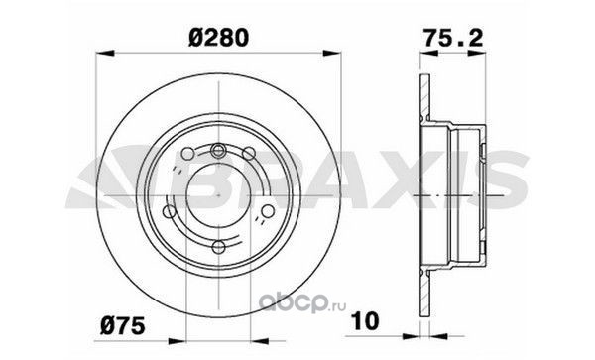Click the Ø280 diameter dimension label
tap(218, 37)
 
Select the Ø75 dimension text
tap(123, 326)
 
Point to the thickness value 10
tap(366, 320)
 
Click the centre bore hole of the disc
tap(218, 196)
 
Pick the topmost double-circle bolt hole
tap(218, 150)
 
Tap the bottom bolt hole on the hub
tap(218, 247)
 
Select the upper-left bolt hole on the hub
tap(187, 154)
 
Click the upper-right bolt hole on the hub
tap(249, 154)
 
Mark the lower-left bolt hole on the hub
tap(169, 211)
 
